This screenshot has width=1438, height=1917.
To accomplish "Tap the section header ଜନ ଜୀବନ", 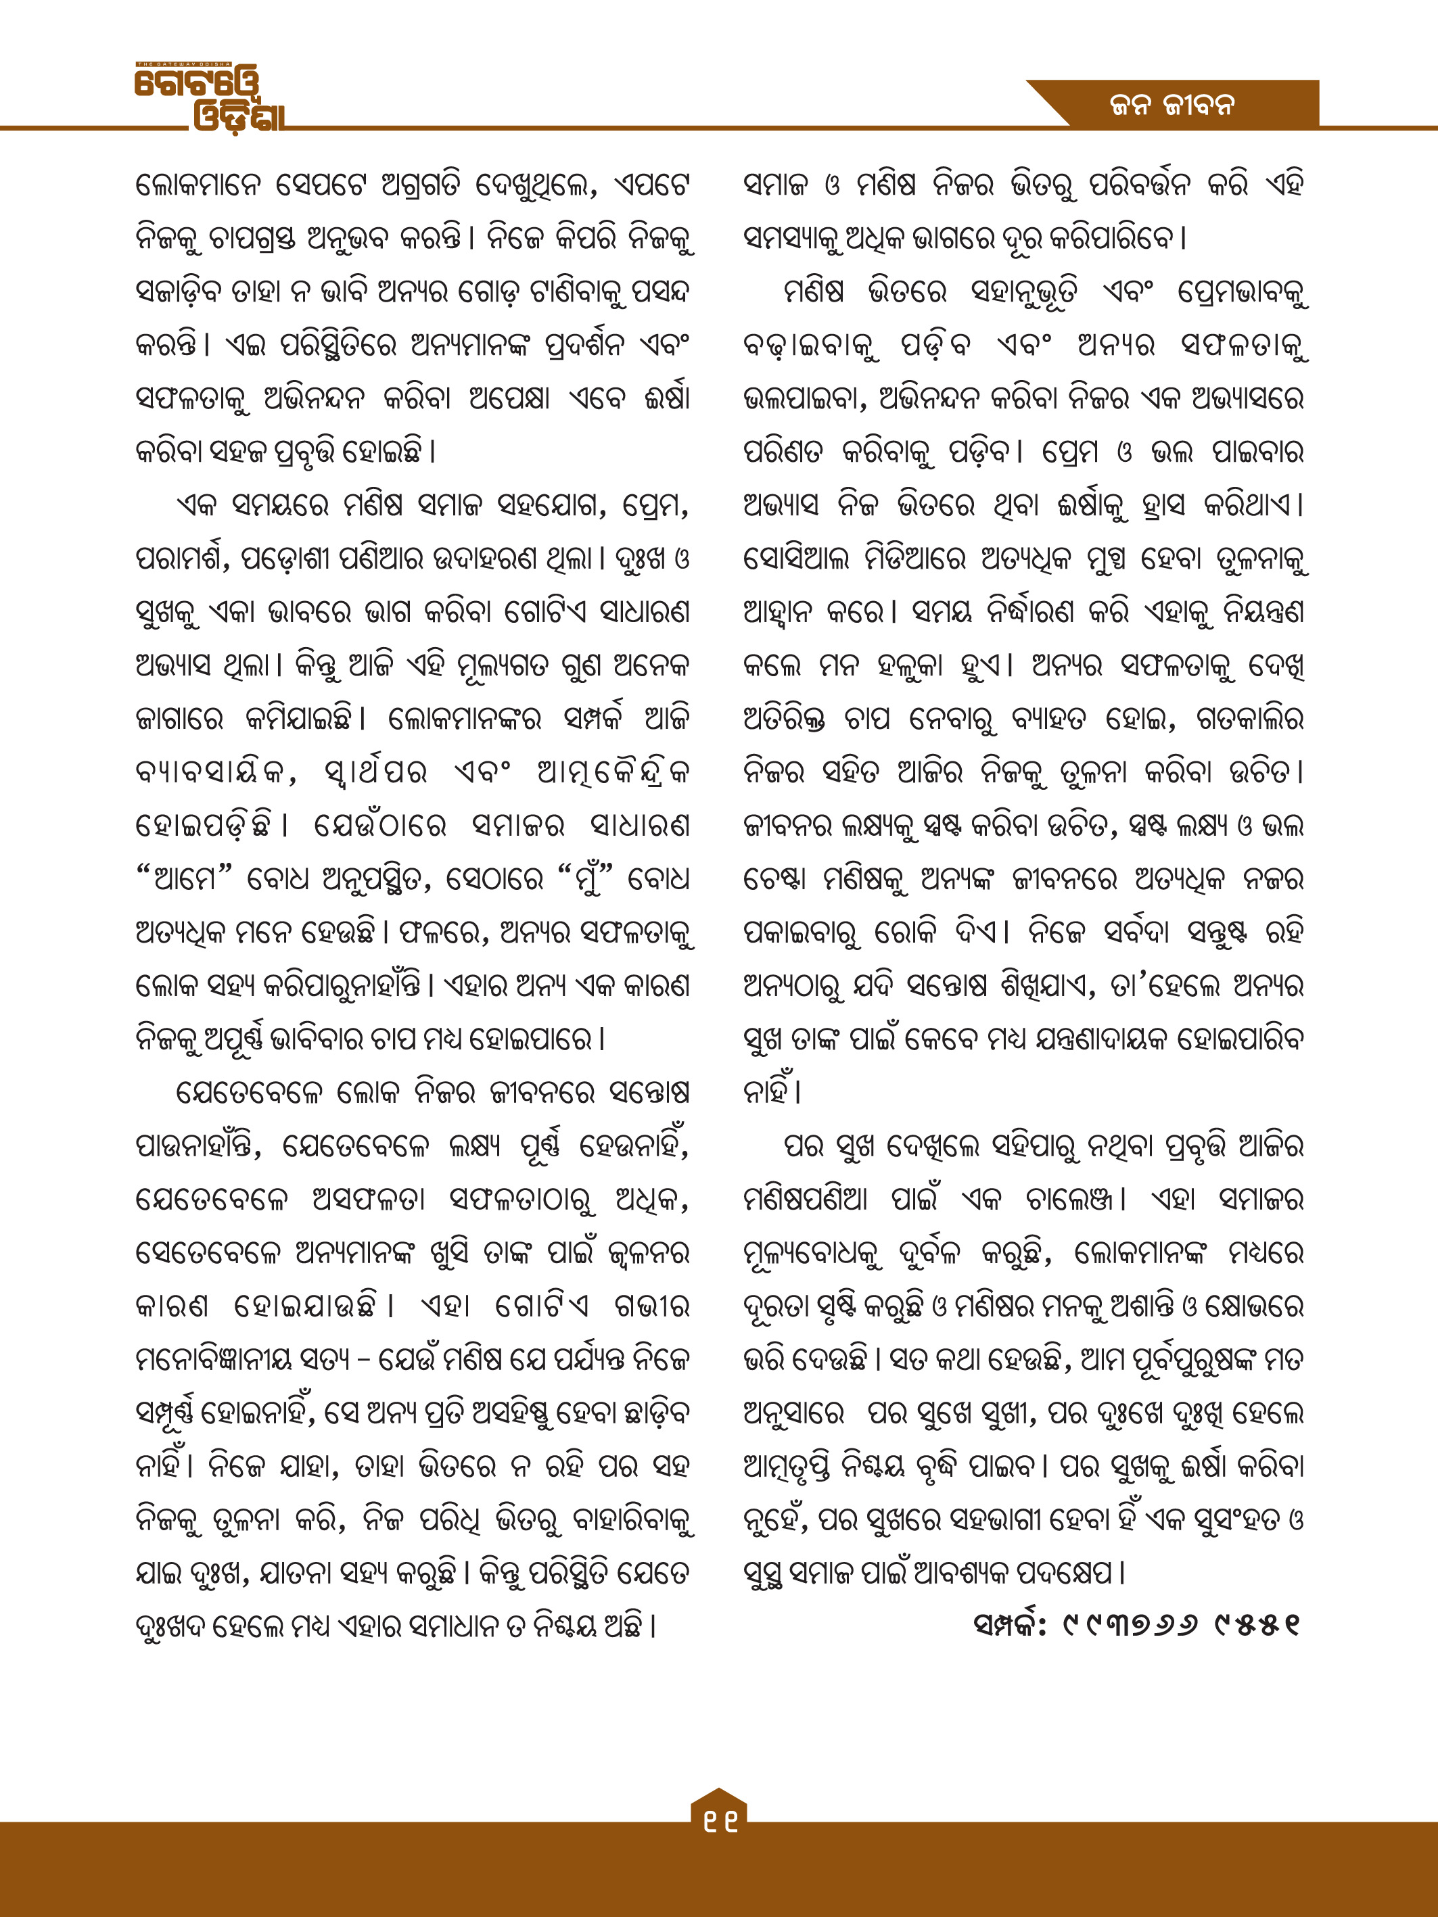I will (x=1171, y=105).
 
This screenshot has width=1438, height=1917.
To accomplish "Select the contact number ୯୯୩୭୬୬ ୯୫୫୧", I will (x=1182, y=1625).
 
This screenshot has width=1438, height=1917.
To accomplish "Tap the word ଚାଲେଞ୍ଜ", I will (x=1073, y=1200).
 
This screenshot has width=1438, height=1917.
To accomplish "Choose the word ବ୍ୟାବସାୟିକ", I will (x=215, y=772).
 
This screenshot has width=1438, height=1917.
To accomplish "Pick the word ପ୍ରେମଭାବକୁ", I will (x=1241, y=292).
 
